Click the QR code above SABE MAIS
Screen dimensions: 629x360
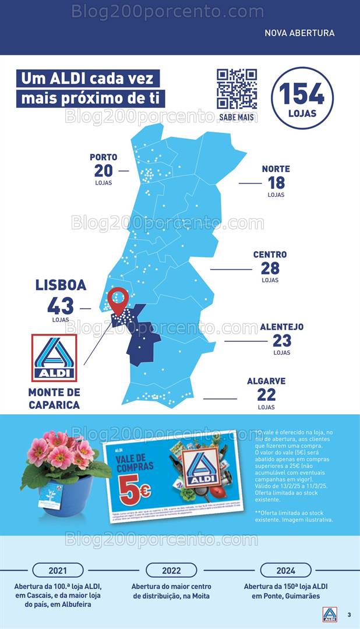point(237,89)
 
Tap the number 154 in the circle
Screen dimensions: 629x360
point(302,93)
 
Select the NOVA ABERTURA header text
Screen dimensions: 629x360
point(299,33)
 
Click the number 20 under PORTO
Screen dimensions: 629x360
point(103,171)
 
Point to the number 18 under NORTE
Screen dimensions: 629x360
point(276,183)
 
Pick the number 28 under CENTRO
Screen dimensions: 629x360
point(270,268)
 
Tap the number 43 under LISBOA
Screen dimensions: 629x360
point(61,306)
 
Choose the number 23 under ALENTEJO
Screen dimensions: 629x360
point(282,341)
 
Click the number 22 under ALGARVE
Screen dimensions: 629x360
point(267,395)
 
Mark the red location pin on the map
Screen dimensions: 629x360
point(118,300)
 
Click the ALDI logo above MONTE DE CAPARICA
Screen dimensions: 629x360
point(54,358)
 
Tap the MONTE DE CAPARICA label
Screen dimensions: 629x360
point(54,398)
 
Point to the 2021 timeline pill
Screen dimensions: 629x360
point(58,570)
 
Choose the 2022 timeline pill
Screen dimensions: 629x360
point(171,570)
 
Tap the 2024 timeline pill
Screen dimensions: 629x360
point(285,570)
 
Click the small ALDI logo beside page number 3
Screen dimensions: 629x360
point(330,614)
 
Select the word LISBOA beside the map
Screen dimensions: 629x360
point(61,285)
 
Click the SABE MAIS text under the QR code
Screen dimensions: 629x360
point(237,118)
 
